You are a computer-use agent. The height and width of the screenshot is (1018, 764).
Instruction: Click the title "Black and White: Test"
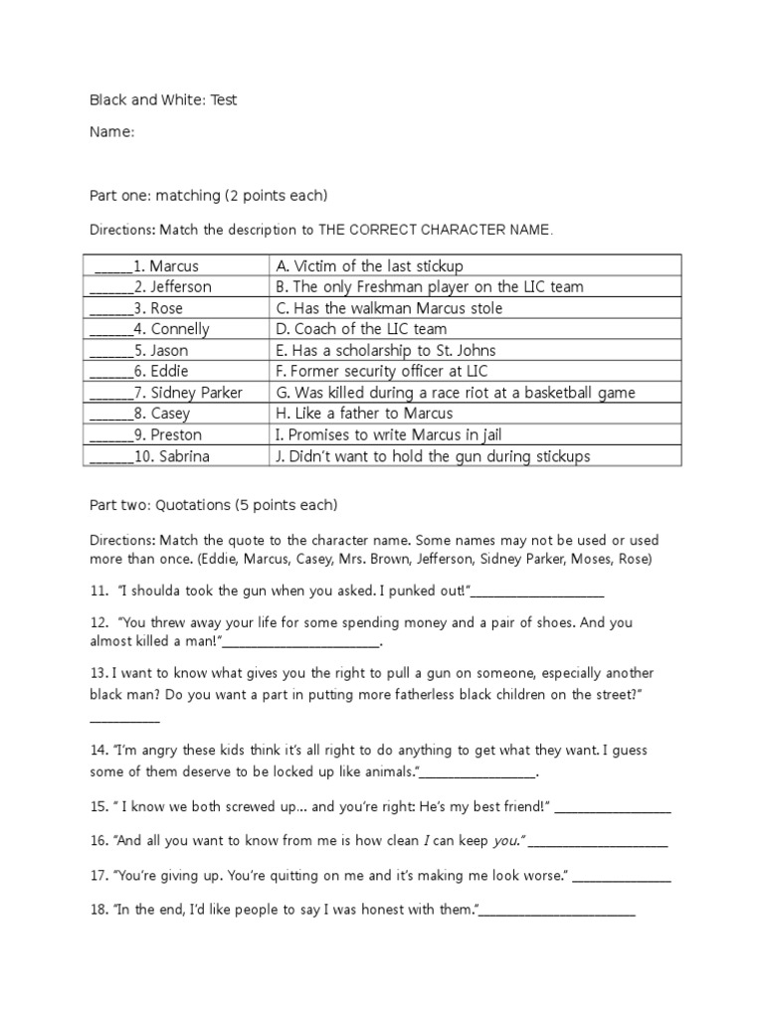coord(163,100)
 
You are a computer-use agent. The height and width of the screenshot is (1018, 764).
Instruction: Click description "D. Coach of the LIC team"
coord(361,329)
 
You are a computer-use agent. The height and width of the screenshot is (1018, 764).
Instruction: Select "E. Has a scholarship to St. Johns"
coord(385,350)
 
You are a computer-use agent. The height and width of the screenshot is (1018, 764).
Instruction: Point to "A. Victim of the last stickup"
coord(369,265)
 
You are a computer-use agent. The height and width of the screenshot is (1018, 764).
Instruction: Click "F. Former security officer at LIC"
coord(379,371)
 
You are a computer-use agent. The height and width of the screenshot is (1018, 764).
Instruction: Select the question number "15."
coord(98,807)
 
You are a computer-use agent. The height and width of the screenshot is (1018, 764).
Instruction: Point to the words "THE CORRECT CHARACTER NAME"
coord(434,230)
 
